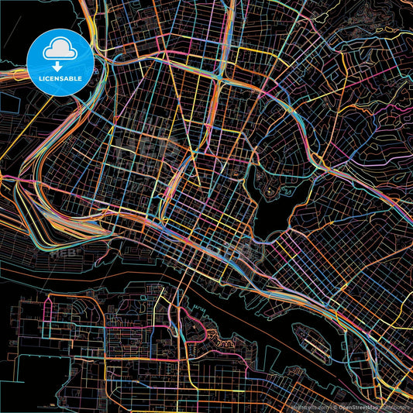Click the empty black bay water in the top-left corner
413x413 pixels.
tap(12, 15)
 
